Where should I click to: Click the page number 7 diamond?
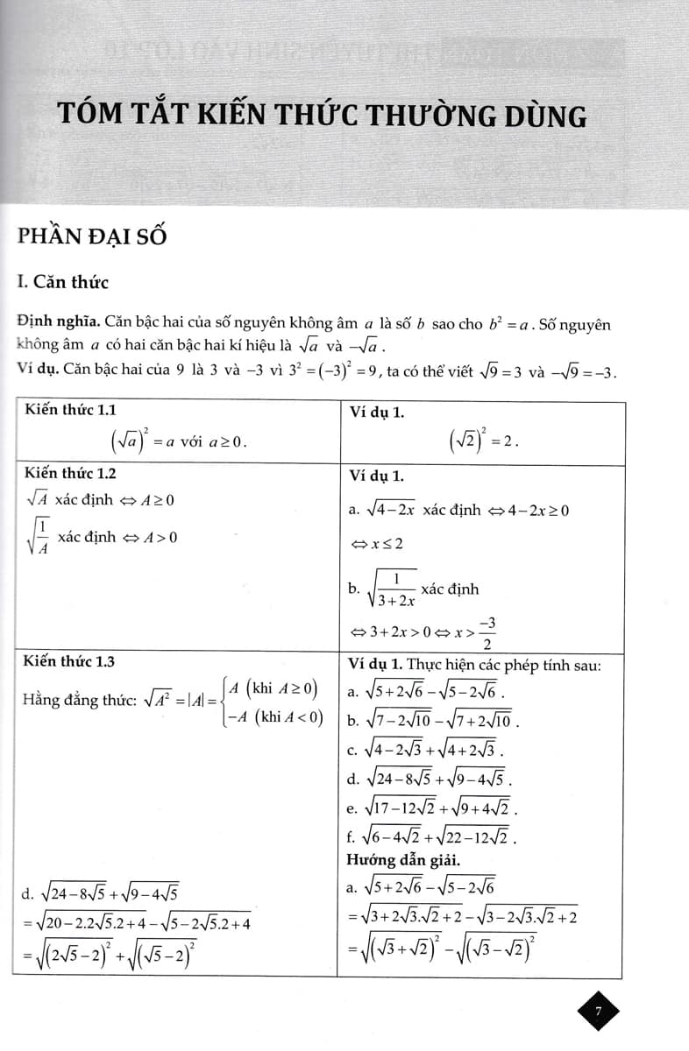pyautogui.click(x=599, y=1012)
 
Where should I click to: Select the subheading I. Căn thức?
pyautogui.click(x=62, y=282)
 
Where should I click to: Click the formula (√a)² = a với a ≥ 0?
pyautogui.click(x=178, y=441)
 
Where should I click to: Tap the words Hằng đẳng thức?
pyautogui.click(x=75, y=702)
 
